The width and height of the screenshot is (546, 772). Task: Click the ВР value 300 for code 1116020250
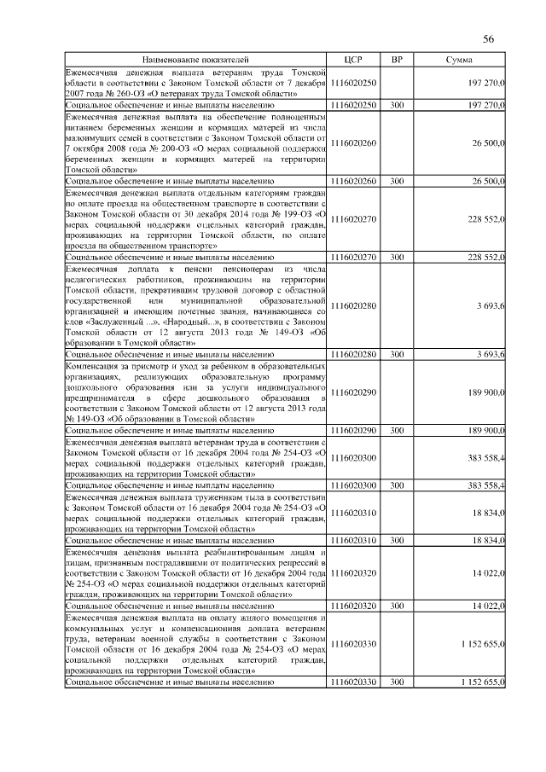tap(397, 104)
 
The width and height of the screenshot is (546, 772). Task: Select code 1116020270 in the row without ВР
tap(353, 219)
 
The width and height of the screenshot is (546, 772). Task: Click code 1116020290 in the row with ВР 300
tap(353, 432)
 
